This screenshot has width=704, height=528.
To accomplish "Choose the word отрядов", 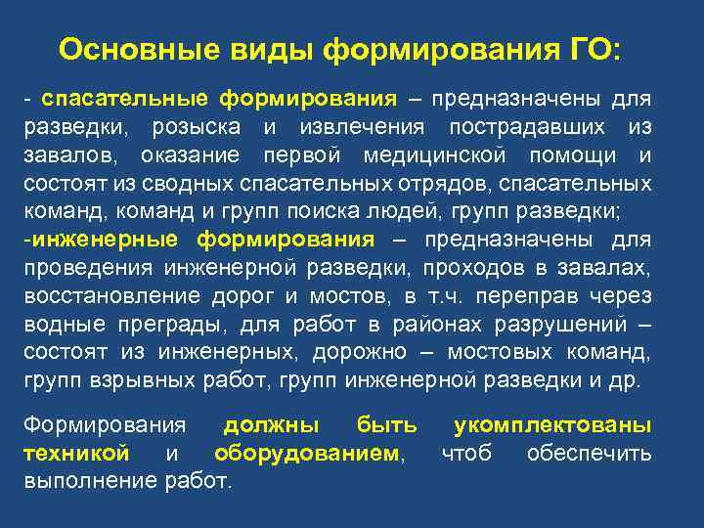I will pyautogui.click(x=421, y=183).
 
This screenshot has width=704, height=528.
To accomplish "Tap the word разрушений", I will pyautogui.click(x=568, y=324).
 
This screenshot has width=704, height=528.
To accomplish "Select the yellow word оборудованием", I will pyautogui.click(x=307, y=454).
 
